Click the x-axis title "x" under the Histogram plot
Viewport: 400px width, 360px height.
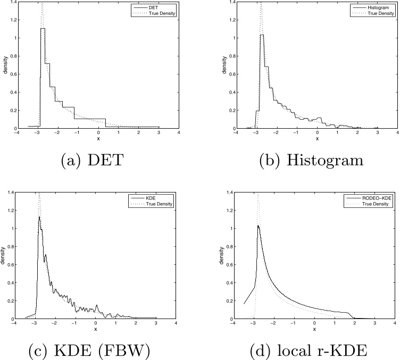316,139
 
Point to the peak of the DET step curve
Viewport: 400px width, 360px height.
42,29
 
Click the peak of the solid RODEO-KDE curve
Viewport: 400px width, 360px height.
258,225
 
